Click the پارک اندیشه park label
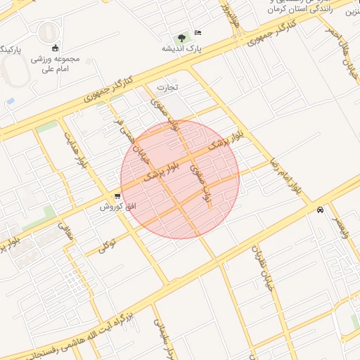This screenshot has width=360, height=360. point(195,49)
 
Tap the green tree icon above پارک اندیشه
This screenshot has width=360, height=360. point(183,36)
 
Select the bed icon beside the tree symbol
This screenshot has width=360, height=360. point(198,32)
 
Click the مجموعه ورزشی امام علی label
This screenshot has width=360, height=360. point(55,64)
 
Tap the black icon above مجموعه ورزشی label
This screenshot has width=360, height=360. point(55,49)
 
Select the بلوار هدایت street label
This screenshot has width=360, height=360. point(78,148)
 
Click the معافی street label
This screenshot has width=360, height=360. point(65,234)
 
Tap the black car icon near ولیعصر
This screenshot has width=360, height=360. point(320,210)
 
